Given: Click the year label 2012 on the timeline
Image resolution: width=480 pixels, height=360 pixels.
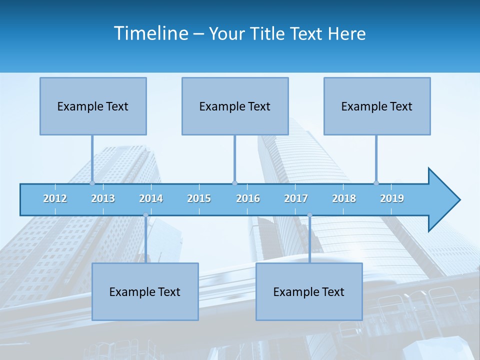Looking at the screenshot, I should [x=55, y=198].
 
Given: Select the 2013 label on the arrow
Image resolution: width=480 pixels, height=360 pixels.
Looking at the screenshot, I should [x=103, y=198].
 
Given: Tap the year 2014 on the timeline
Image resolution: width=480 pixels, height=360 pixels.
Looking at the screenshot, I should [x=151, y=198].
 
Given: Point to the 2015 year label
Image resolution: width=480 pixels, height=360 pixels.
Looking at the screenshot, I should [x=199, y=198].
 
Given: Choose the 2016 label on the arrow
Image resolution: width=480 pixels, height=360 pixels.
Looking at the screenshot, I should [x=248, y=198].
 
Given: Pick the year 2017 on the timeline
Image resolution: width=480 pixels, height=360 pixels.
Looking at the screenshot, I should [x=296, y=198].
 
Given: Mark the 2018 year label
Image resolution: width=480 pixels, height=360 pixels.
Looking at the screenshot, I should [x=344, y=198].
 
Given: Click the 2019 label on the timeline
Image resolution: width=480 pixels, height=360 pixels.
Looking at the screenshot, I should [x=392, y=198].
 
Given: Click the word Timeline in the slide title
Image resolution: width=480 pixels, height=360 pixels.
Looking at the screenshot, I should [x=151, y=33].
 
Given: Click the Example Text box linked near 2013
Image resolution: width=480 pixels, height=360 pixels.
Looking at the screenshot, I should [x=93, y=106].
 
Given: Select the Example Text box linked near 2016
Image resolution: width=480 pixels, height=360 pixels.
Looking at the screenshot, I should [x=235, y=106].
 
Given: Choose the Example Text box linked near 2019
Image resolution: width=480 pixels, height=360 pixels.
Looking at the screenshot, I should [x=377, y=106].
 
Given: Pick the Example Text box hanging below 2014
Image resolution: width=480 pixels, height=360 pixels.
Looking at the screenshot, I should [x=145, y=291].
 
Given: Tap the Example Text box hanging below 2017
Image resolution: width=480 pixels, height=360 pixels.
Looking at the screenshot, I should [x=309, y=291].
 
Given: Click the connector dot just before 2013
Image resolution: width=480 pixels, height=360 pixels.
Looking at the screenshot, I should [x=92, y=183].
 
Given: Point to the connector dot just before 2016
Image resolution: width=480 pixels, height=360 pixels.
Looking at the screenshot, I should [x=234, y=183].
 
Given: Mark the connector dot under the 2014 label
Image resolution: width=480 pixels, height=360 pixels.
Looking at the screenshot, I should [x=145, y=215].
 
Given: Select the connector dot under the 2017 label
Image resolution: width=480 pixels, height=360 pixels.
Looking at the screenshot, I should [x=309, y=215].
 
